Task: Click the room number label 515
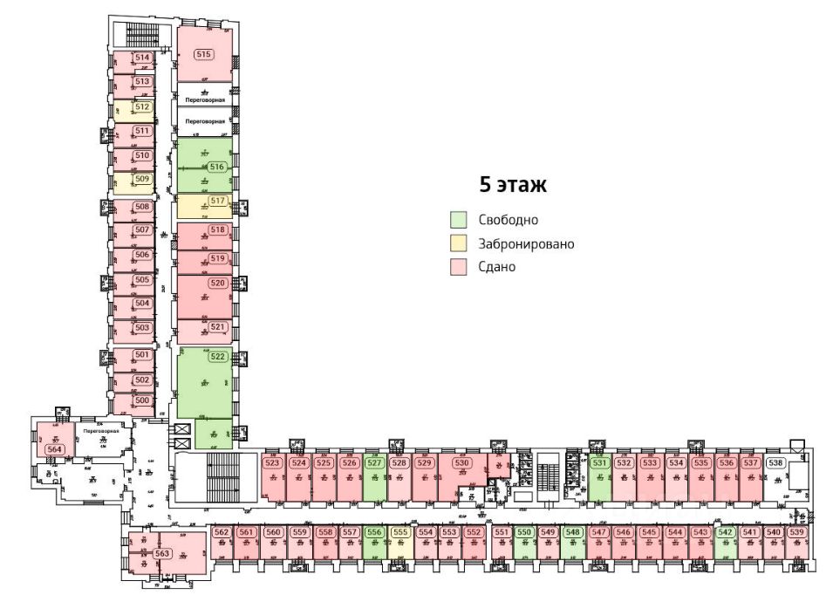204,54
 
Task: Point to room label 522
218,356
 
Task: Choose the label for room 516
218,166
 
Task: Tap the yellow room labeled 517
218,201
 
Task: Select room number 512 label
143,106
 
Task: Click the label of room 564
55,448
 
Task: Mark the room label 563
161,553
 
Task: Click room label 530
462,463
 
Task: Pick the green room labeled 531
599,463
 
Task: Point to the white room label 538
775,463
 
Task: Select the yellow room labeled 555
400,532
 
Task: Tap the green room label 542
725,532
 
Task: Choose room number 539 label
796,532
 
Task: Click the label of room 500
143,400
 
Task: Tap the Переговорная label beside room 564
95,432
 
